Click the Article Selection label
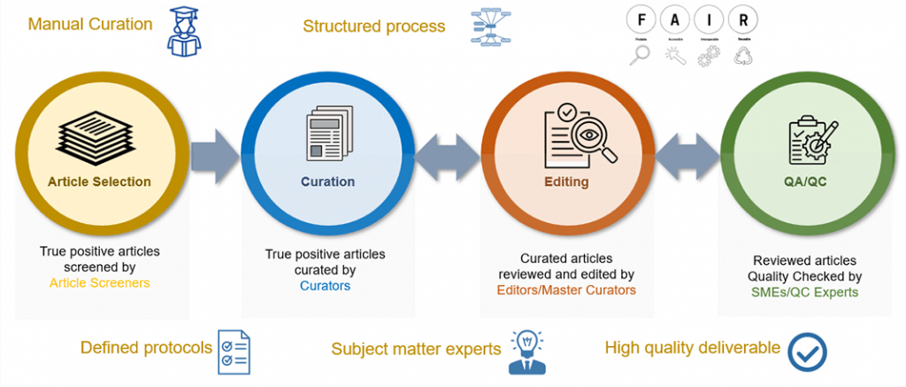click(99, 182)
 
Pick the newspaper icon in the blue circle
click(326, 135)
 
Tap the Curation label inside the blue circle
click(327, 182)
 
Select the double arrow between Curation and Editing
click(449, 158)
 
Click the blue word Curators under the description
click(325, 285)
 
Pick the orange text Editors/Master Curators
click(566, 290)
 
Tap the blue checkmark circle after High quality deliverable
click(806, 352)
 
